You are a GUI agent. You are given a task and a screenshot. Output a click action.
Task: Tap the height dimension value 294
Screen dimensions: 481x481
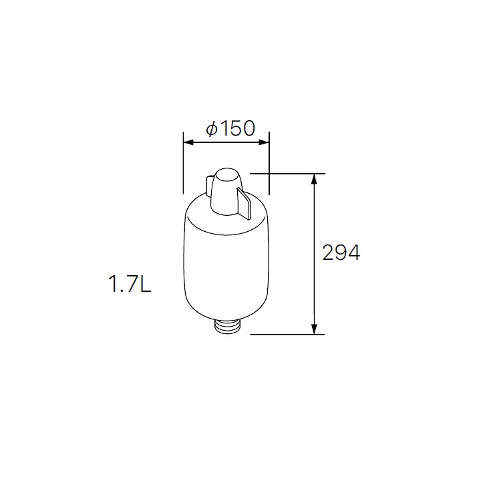tap(341, 253)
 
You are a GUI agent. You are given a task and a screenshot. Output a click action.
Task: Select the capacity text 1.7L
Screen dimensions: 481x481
tap(130, 284)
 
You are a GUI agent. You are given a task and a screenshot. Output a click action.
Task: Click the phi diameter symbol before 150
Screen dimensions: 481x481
tap(212, 128)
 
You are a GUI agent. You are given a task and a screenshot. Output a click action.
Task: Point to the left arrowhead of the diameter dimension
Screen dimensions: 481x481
tap(188, 142)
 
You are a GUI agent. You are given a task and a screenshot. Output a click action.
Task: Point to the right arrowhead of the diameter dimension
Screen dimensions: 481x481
tap(264, 142)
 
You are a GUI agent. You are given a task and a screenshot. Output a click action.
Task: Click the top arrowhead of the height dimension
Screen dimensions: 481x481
tap(313, 179)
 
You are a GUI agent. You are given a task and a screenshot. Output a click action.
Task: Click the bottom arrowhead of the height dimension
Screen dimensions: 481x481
tap(313, 329)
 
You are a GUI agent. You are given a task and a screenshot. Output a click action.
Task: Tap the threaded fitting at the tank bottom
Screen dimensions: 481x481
tap(228, 326)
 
